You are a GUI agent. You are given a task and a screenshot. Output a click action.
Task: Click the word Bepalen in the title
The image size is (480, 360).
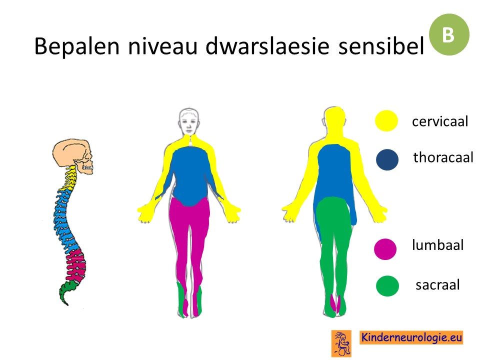click(x=76, y=46)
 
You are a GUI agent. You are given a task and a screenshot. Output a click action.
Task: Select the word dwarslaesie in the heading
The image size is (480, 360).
click(x=267, y=46)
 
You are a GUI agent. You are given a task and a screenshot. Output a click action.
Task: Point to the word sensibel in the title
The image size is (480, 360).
click(x=381, y=46)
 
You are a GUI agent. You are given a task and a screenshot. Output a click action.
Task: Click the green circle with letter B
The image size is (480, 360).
click(x=449, y=34)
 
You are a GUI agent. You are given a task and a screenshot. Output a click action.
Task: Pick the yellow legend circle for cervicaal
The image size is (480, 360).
click(x=386, y=120)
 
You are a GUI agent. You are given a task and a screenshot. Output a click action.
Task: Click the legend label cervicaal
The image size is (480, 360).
click(x=440, y=121)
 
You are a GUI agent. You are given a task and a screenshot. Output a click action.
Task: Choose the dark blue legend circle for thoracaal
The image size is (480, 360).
click(x=387, y=159)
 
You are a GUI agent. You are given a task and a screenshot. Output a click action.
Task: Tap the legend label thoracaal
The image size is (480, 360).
click(x=443, y=157)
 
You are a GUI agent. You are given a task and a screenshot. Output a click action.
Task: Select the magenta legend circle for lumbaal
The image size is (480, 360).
click(x=385, y=249)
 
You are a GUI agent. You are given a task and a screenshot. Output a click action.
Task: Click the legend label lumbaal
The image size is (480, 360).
click(x=438, y=245)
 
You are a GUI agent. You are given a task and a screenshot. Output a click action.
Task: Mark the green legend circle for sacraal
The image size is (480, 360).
click(x=387, y=286)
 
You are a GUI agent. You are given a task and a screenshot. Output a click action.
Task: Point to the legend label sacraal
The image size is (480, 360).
click(x=438, y=284)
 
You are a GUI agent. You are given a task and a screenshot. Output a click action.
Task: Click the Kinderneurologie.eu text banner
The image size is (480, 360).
click(x=411, y=337)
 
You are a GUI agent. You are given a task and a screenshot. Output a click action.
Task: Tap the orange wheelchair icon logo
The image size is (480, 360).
click(x=341, y=343)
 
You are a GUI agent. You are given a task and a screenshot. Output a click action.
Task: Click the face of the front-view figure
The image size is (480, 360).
click(x=189, y=122)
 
